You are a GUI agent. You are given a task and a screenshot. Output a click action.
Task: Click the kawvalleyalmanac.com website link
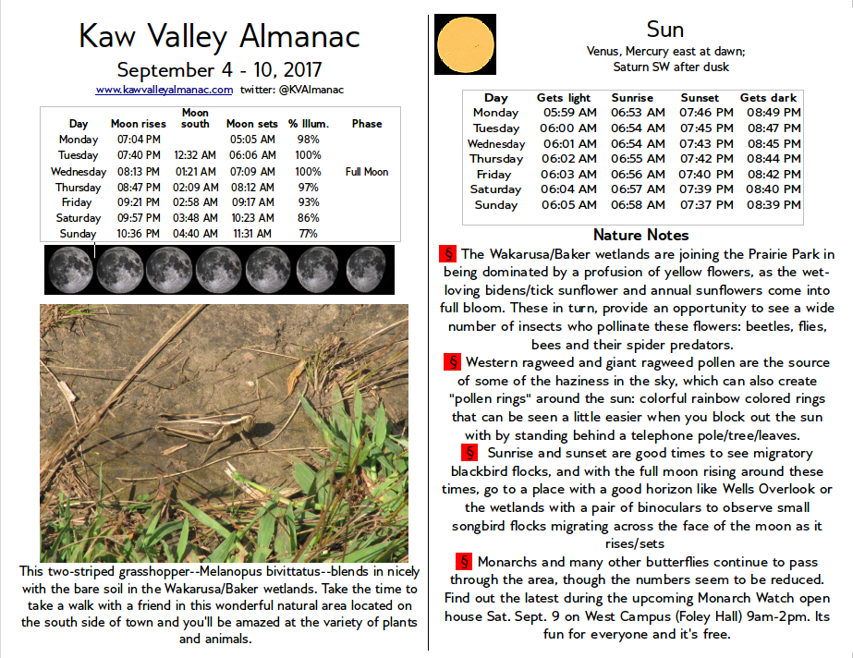coord(164,90)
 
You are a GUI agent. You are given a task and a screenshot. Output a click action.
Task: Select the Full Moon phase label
coord(367,172)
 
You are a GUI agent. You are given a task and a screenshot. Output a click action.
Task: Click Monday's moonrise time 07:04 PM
coord(140,140)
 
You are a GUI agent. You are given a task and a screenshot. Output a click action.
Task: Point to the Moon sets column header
coord(252,124)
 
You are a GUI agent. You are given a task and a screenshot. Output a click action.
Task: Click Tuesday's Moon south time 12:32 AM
coord(195,155)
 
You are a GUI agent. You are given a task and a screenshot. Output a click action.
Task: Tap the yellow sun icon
coord(465,43)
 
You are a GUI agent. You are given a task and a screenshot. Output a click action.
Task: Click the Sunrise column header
coord(632,97)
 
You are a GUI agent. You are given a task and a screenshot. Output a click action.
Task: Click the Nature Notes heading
coord(640,235)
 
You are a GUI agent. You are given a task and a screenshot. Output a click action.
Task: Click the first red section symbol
coord(449,253)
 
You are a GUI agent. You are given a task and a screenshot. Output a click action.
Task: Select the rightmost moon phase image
coord(366,269)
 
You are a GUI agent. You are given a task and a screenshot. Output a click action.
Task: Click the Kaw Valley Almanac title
coord(219,36)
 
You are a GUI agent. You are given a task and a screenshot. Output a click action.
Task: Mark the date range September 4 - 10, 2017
coord(219,69)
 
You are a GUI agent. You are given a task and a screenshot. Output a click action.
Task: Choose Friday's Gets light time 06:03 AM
coord(566,175)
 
